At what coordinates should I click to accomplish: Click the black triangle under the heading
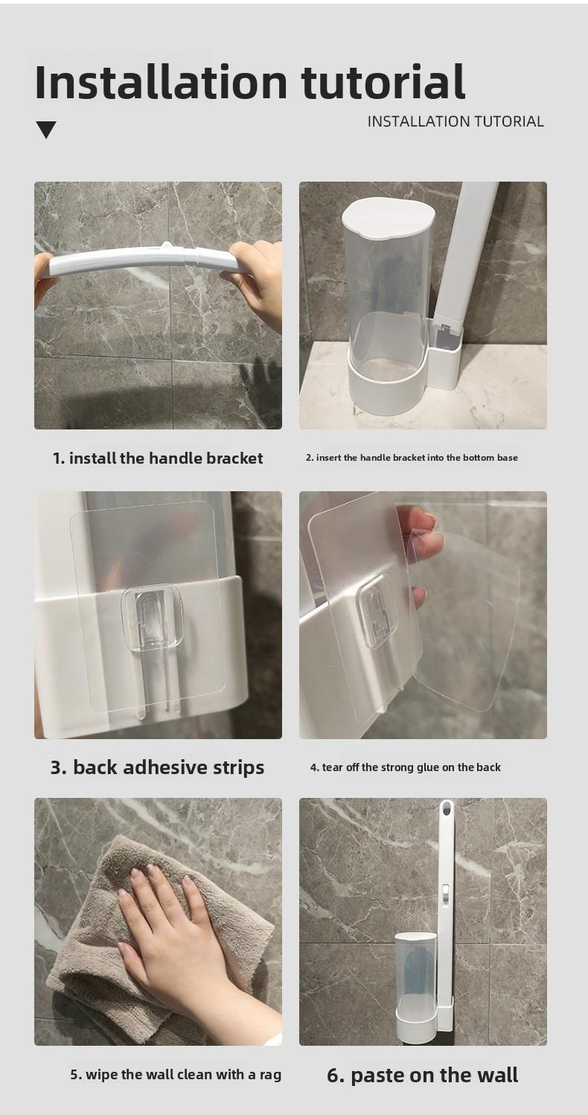coord(46,130)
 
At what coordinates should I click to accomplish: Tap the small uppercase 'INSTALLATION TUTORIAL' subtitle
coord(456,121)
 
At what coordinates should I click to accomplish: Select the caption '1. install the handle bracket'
coord(158,459)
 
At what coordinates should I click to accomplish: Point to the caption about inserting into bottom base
coord(412,458)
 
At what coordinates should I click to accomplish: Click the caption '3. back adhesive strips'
coord(157,767)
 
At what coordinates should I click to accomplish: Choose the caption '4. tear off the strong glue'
coord(406,767)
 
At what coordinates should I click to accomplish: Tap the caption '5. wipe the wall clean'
coord(176,1075)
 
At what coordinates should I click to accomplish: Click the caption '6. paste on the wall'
coord(423,1076)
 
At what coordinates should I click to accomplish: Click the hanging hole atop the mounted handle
coord(447,808)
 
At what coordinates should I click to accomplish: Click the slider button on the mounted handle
coord(444,892)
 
